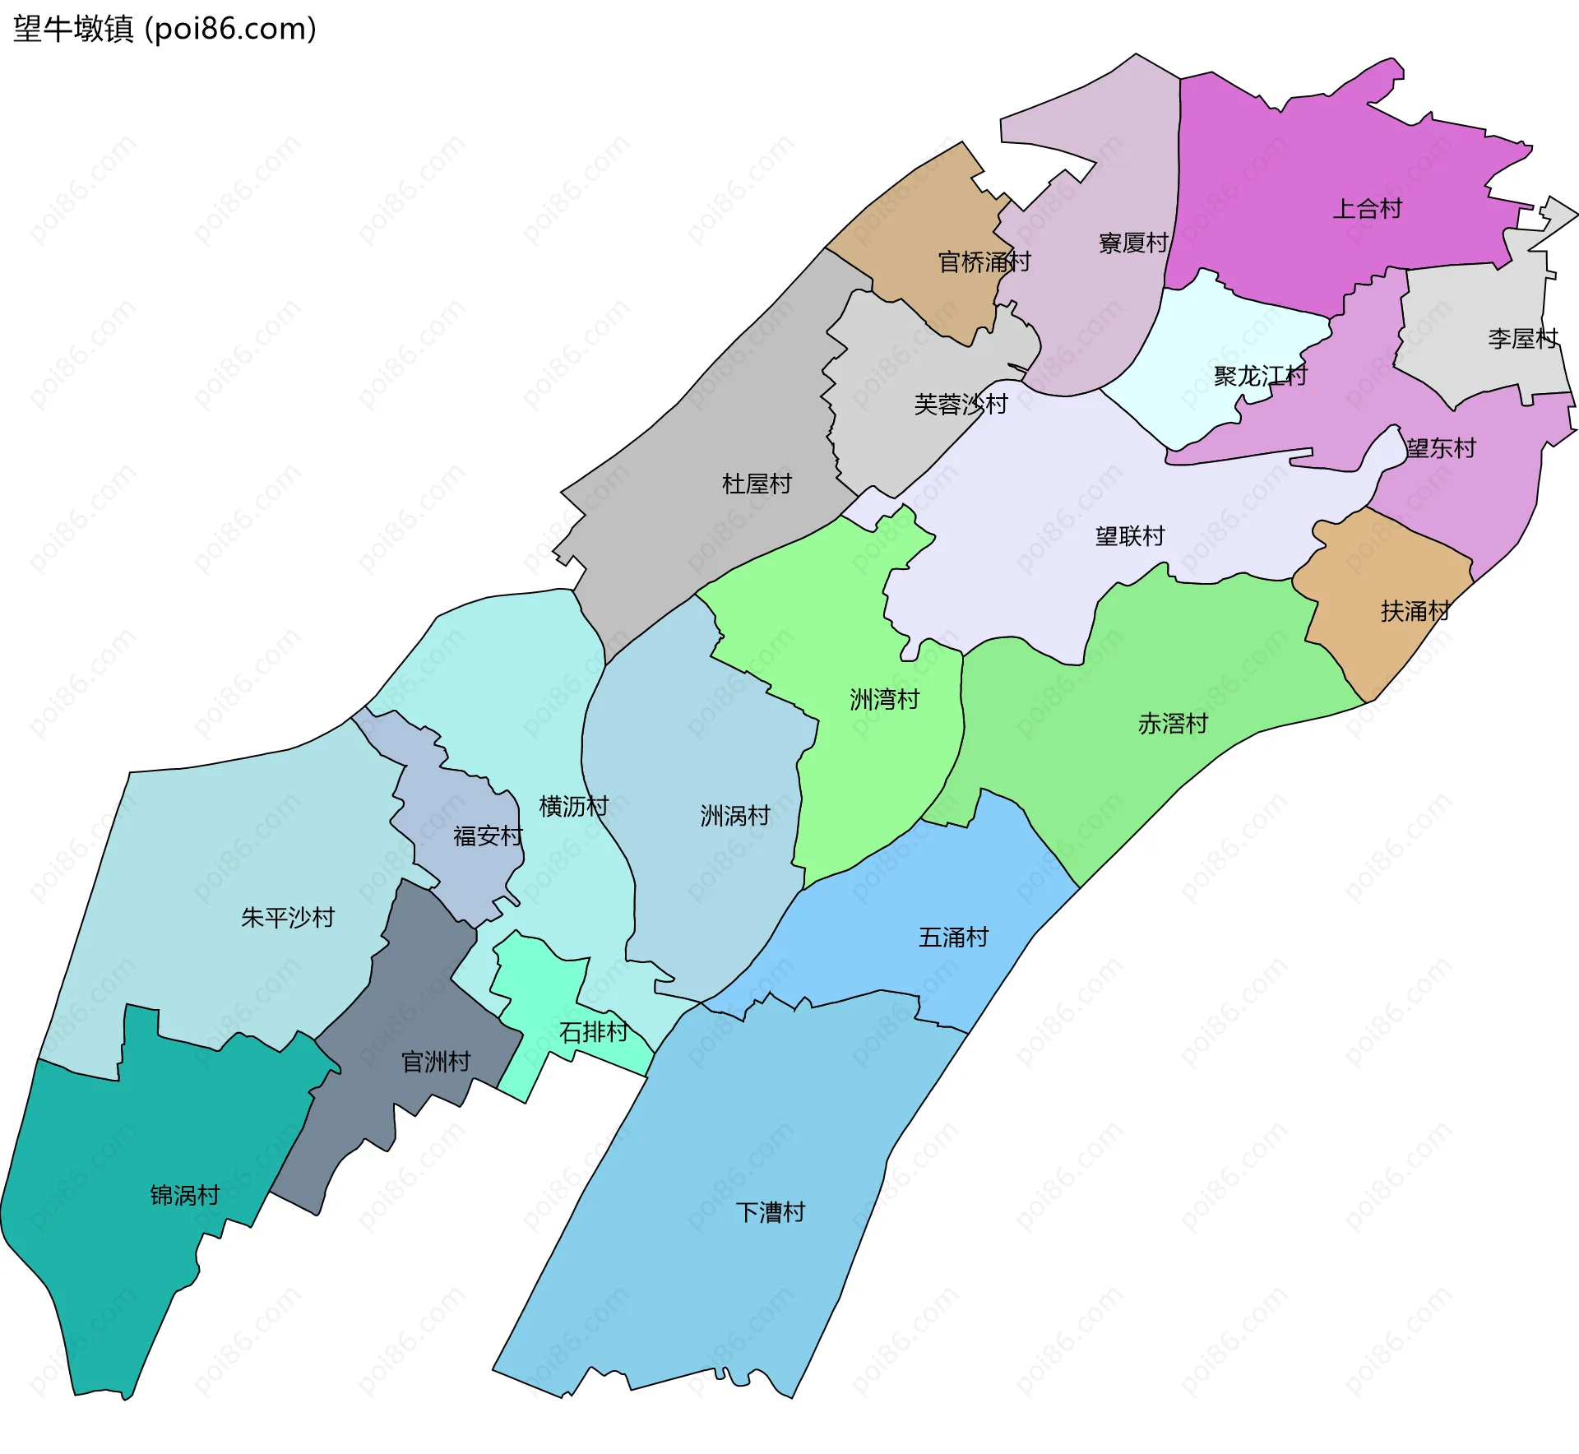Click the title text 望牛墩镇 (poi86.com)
[164, 30]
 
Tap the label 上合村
[1367, 209]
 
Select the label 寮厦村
[1133, 243]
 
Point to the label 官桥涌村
[984, 262]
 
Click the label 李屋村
[1522, 339]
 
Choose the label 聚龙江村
[1260, 377]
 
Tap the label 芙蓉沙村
[961, 405]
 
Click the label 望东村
[1441, 448]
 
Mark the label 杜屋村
[757, 484]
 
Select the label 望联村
[1130, 537]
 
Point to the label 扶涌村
[1415, 612]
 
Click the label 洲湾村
[884, 700]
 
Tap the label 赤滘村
[1173, 724]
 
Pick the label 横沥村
[573, 807]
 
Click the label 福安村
[488, 836]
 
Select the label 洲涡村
[735, 816]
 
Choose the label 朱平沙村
[288, 918]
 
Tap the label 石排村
[594, 1032]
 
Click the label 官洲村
[436, 1062]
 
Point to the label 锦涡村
[185, 1195]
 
